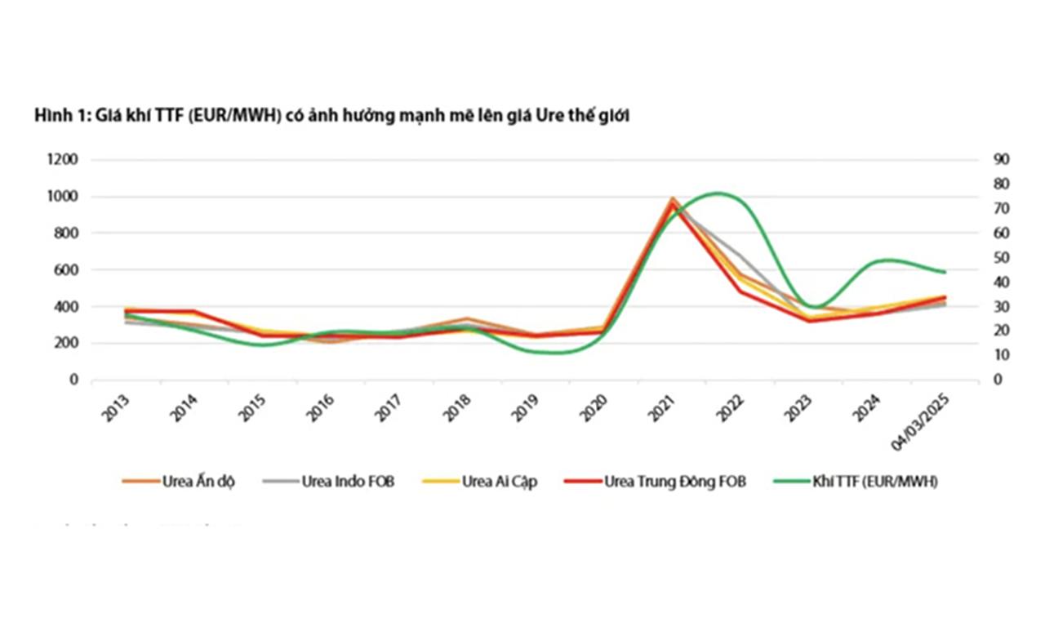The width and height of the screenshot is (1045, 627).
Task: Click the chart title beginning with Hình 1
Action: pyautogui.click(x=331, y=117)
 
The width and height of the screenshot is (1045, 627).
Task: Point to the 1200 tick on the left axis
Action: pyautogui.click(x=62, y=160)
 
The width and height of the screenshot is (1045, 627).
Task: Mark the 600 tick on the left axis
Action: pyautogui.click(x=66, y=270)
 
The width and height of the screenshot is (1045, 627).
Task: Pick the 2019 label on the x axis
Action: pyautogui.click(x=526, y=408)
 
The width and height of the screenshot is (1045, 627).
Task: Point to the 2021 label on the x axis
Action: pyautogui.click(x=662, y=408)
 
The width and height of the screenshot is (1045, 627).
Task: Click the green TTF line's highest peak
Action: pyautogui.click(x=717, y=193)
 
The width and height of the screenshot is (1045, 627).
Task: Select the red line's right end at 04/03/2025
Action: pyautogui.click(x=945, y=297)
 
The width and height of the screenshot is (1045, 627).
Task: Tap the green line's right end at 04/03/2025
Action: pyautogui.click(x=945, y=272)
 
